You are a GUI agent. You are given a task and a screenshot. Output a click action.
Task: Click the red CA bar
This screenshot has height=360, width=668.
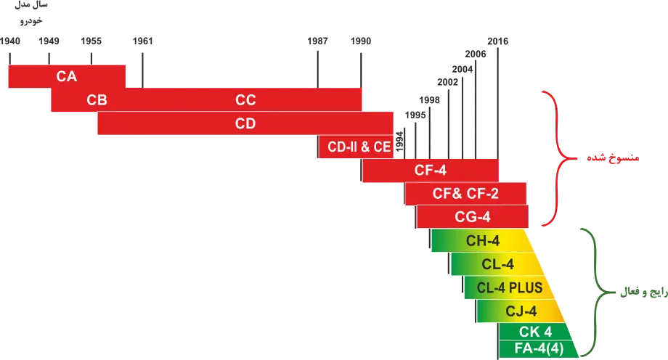[x=67, y=75]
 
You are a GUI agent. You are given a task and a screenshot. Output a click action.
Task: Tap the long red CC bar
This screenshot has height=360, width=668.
[x=245, y=100]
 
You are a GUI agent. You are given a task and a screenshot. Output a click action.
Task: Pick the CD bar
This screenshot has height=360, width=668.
[x=245, y=123]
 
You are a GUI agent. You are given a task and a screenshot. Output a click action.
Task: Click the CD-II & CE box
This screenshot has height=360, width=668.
[x=359, y=147]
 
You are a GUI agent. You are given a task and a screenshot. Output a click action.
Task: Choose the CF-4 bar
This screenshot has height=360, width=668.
[x=430, y=171]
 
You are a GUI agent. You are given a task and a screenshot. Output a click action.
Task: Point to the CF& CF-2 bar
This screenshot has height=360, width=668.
[x=465, y=194]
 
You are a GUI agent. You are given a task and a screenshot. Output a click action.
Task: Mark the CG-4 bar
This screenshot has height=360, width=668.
[x=473, y=216]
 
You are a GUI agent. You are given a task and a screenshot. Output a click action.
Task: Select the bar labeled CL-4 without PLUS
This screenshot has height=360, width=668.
[x=497, y=263]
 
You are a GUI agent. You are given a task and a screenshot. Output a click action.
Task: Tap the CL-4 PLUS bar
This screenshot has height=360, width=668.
[x=508, y=287]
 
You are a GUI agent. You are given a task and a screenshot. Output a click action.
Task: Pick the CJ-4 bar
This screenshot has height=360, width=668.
[x=520, y=311]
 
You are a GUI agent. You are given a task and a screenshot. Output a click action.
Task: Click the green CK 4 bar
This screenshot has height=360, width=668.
[x=536, y=332]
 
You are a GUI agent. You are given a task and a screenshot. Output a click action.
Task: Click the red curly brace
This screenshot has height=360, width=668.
[x=555, y=157]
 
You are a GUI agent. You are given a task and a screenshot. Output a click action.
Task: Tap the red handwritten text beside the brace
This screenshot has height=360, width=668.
[x=603, y=158]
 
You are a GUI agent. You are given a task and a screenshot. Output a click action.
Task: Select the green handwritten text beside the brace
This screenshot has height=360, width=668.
[x=639, y=294]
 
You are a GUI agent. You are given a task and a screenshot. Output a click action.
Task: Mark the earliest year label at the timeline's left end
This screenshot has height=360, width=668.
[x=10, y=40]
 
